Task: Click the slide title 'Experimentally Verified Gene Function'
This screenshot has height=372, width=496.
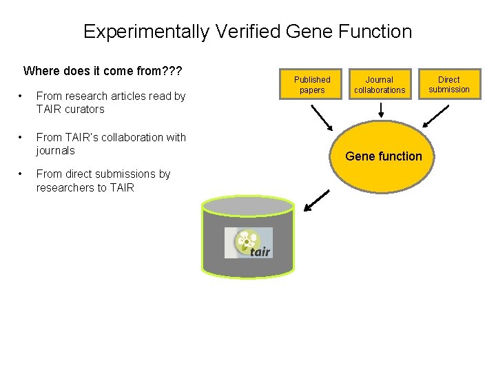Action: point(247,32)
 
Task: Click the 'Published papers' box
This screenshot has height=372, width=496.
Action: point(312,85)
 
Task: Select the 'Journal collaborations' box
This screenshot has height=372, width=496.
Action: point(380,85)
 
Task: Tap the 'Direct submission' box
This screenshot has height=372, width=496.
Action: point(448,84)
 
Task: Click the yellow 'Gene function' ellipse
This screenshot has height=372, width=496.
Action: point(383,156)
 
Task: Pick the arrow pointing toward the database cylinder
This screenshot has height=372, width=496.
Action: point(317,200)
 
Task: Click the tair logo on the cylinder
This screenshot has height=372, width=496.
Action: point(248,242)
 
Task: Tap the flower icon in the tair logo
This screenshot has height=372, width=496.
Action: point(245,240)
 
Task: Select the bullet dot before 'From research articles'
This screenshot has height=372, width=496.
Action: point(22,96)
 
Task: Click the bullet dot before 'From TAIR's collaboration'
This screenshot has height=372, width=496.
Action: point(22,138)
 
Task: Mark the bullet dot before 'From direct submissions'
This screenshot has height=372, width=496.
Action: point(22,174)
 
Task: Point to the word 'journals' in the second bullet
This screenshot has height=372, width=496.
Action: point(55,151)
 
